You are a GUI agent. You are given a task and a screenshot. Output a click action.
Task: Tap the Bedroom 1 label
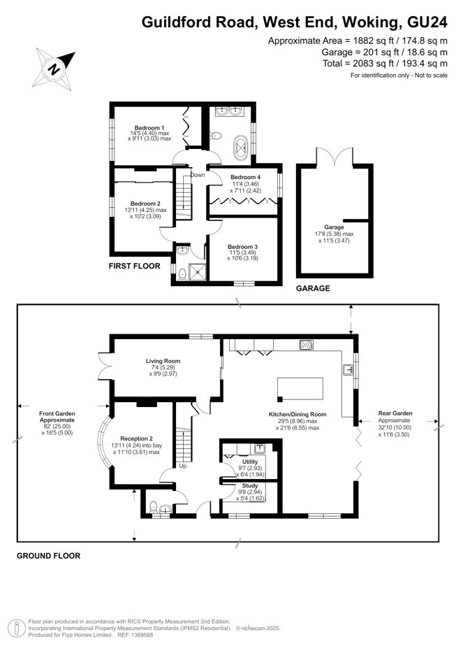coord(149,128)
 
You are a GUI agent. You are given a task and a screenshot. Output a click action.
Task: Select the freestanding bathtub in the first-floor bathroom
coord(242,149)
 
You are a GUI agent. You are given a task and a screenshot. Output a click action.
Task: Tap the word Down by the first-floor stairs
coord(198,175)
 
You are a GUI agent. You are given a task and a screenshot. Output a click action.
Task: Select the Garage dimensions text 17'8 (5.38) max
coord(334,234)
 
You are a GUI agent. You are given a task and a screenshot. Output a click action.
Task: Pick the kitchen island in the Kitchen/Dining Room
coord(301,387)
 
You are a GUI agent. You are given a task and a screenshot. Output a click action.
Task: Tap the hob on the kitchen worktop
coord(306,345)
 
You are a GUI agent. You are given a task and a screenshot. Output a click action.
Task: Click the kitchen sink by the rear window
coord(347,369)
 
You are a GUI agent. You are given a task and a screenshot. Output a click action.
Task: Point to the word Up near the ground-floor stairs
coord(184,465)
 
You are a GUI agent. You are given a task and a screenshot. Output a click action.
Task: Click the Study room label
coord(250,485)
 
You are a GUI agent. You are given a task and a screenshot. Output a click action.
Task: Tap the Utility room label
coord(250,462)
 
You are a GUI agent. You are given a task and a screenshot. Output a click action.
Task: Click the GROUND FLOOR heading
coord(49,556)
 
